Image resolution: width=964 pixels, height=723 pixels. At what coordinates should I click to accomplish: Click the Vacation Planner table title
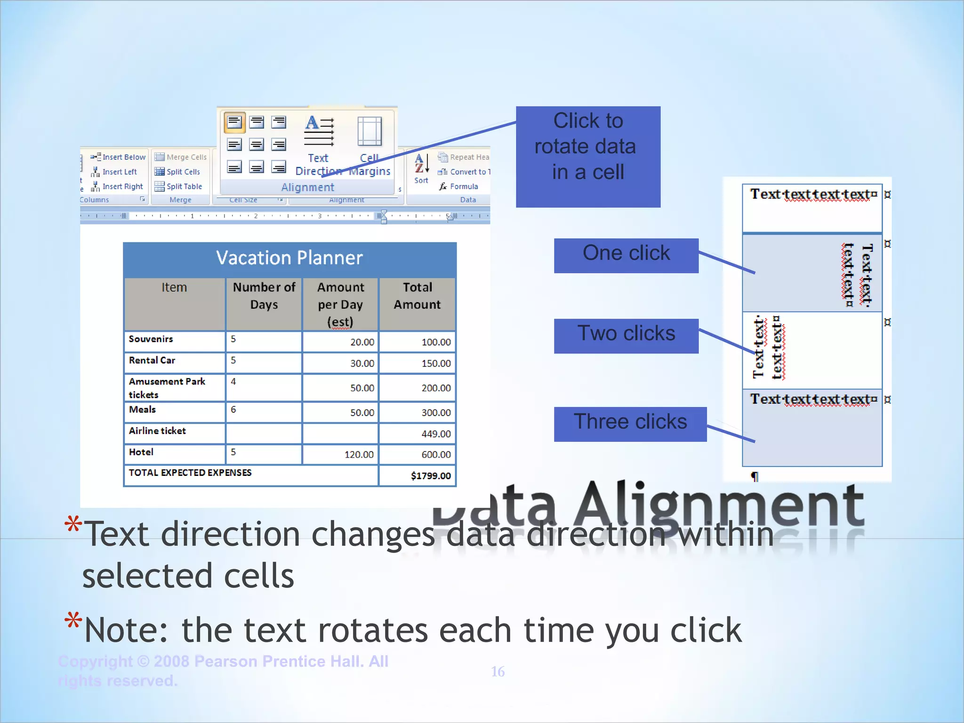[x=289, y=258]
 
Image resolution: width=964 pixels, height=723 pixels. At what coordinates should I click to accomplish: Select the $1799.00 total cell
[x=430, y=476]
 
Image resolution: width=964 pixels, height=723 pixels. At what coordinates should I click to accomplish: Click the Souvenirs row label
[x=151, y=339]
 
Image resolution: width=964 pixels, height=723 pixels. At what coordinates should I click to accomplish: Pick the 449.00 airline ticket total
[x=436, y=434]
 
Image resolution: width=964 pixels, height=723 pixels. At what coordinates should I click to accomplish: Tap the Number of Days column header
[x=264, y=296]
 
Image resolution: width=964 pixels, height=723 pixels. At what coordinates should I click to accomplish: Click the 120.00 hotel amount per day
[x=359, y=455]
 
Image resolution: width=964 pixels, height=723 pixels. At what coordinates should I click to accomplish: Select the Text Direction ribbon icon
[x=319, y=132]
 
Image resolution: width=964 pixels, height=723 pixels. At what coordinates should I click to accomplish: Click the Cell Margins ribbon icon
[x=370, y=132]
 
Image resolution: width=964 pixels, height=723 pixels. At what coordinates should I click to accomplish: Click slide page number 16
[x=498, y=672]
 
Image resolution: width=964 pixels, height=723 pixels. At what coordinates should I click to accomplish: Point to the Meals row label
[x=142, y=410]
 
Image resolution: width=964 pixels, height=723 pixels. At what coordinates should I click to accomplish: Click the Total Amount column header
[x=417, y=296]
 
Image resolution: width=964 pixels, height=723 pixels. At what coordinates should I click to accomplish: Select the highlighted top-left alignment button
[x=234, y=122]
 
